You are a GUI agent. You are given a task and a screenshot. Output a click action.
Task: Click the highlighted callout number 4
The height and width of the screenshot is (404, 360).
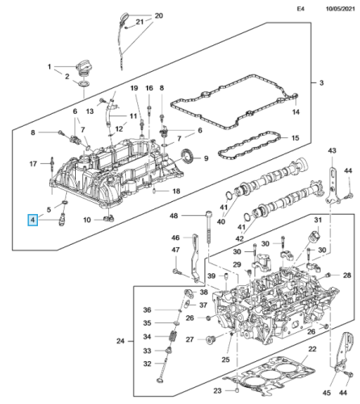(x=33, y=220)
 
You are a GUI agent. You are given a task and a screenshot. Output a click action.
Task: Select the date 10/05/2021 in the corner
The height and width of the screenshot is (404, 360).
(x=341, y=9)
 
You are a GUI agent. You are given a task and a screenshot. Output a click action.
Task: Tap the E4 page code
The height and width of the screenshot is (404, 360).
(x=300, y=9)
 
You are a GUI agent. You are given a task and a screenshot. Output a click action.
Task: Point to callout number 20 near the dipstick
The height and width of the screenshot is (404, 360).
(x=159, y=15)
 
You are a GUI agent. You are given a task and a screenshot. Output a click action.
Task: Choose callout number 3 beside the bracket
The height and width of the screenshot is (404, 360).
(x=321, y=82)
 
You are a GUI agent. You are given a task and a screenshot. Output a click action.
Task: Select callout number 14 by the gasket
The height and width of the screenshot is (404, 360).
(x=295, y=112)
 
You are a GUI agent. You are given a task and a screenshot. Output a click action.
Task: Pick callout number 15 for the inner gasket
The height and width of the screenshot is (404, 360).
(x=295, y=138)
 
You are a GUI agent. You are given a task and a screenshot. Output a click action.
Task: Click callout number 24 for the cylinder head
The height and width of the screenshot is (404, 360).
(x=120, y=341)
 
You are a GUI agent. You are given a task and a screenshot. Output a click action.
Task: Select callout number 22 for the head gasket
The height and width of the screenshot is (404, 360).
(x=312, y=349)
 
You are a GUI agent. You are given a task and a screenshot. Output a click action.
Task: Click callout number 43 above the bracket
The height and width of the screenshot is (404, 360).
(x=332, y=150)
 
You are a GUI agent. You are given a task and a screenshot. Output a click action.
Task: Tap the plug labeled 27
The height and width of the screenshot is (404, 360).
(x=210, y=340)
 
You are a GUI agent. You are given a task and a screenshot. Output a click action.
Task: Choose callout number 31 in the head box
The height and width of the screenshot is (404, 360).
(x=318, y=220)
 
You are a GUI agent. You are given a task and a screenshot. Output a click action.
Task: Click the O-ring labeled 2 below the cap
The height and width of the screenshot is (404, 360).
(x=84, y=83)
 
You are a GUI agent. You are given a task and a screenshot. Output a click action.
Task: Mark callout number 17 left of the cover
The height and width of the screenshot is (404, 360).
(x=33, y=163)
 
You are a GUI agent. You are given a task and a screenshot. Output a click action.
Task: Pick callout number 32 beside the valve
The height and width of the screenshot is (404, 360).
(x=147, y=364)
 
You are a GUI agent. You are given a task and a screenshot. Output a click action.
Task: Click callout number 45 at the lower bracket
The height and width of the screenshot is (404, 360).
(x=326, y=393)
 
